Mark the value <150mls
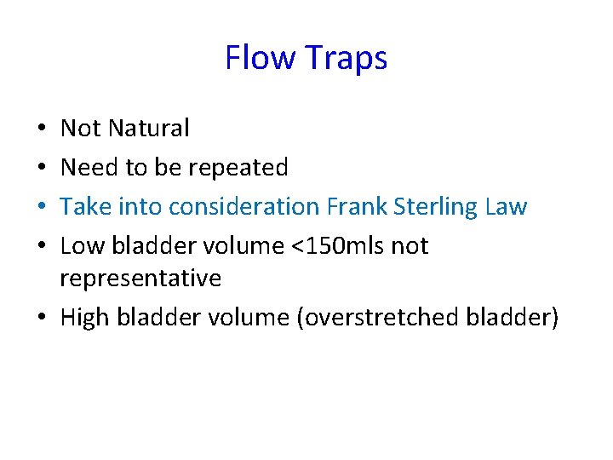(x=336, y=246)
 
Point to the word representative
(x=140, y=278)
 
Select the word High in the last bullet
(x=84, y=317)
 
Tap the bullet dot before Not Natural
(x=43, y=129)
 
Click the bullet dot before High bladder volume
(x=43, y=318)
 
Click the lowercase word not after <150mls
(x=410, y=246)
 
